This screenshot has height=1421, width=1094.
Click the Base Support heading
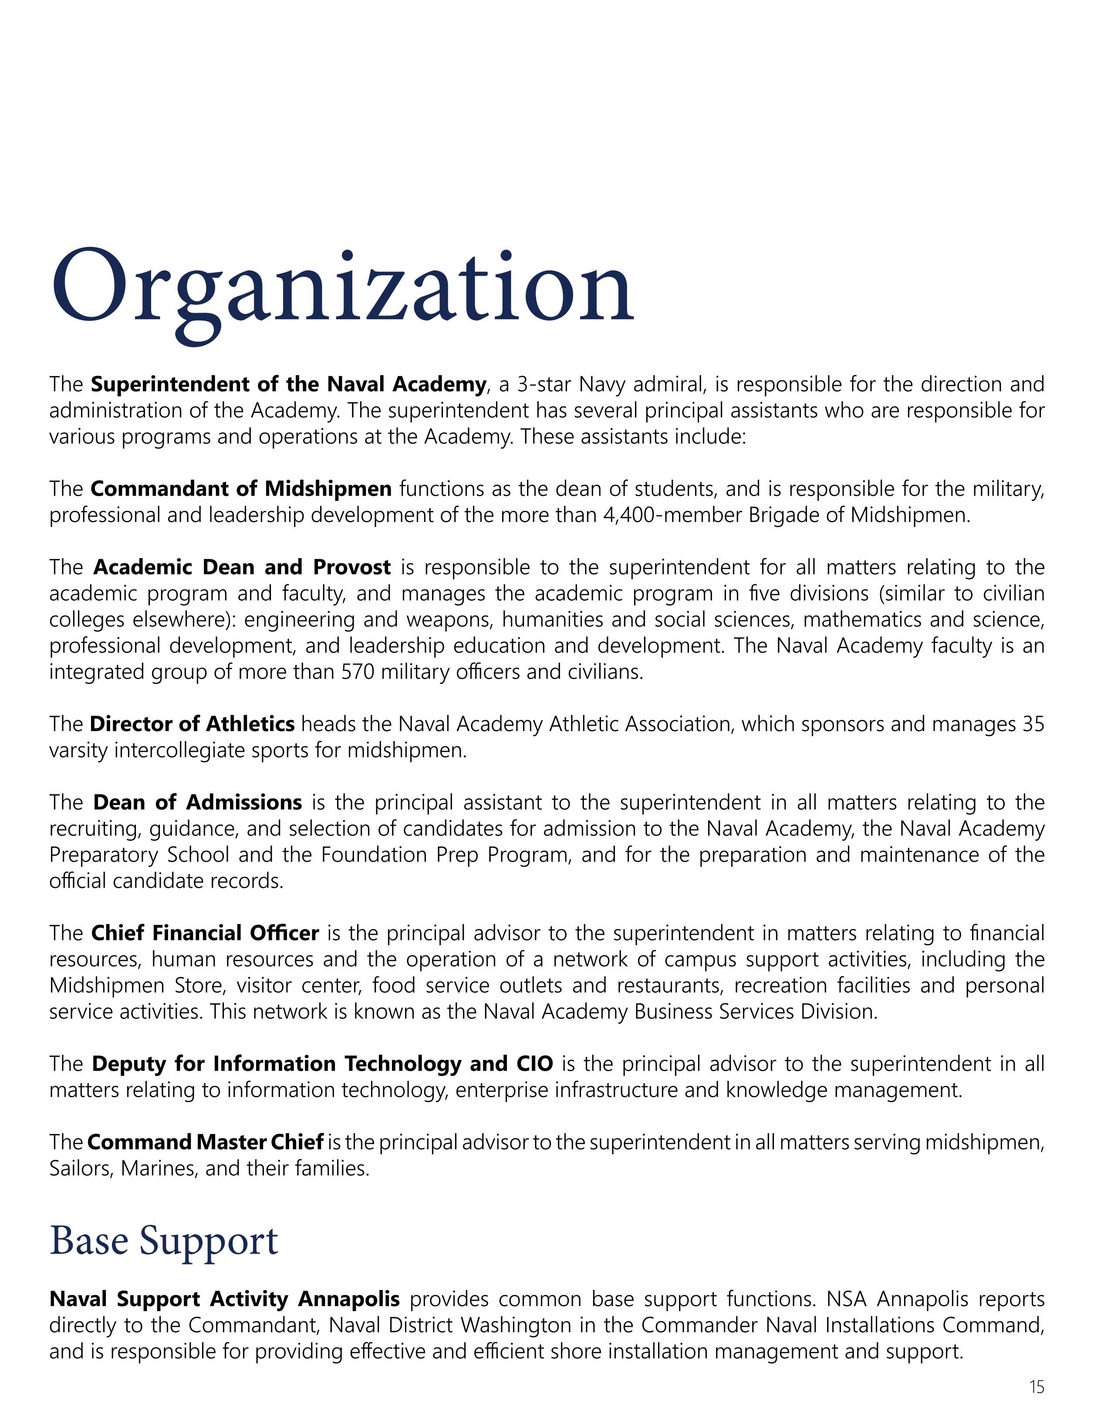coord(164,1241)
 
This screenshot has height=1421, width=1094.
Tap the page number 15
coord(1036,1387)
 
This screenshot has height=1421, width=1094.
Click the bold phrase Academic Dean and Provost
coord(242,567)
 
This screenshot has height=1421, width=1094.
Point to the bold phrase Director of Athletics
coord(192,724)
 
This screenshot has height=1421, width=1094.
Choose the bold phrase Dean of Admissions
coord(197,802)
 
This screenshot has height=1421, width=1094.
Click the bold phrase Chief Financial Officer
coord(205,933)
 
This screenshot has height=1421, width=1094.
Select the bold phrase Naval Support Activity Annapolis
coord(224,1299)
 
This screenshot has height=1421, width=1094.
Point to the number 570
coord(358,672)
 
